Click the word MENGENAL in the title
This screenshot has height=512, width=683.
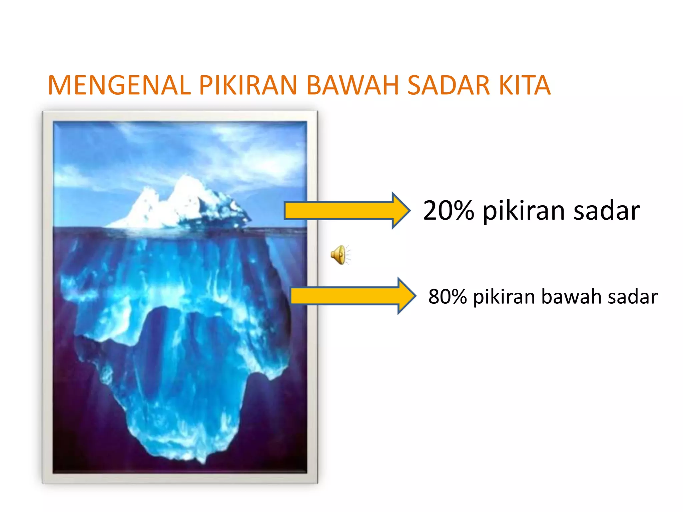click(119, 85)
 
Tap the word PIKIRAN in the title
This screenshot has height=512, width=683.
click(248, 85)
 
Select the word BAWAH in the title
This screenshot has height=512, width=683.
click(352, 85)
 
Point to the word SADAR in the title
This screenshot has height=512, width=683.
click(449, 85)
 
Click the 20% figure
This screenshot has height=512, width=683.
click(448, 211)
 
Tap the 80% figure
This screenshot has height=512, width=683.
click(447, 296)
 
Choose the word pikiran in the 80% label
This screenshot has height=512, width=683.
click(504, 297)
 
